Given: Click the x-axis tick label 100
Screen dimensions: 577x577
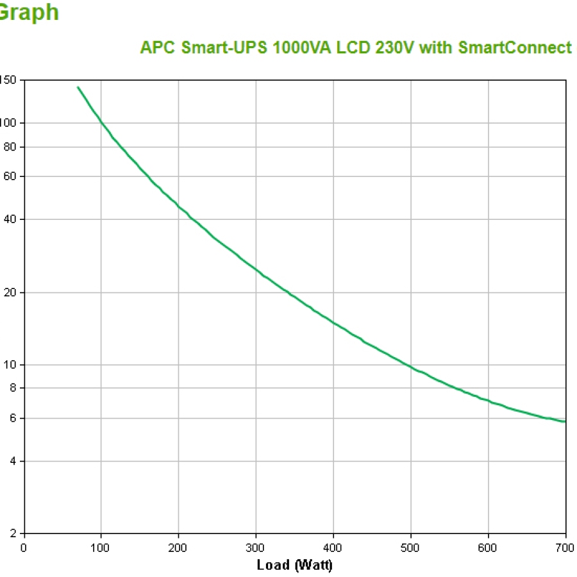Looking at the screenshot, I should pyautogui.click(x=101, y=548).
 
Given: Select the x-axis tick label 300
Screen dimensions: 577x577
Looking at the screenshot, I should pyautogui.click(x=256, y=548).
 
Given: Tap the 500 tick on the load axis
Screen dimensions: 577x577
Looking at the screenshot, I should pyautogui.click(x=410, y=548).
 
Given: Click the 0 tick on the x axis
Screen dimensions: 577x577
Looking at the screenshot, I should pyautogui.click(x=24, y=548).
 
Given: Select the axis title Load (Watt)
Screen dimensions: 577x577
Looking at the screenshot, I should pyautogui.click(x=294, y=565).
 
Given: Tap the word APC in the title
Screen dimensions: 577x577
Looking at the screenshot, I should pyautogui.click(x=155, y=47).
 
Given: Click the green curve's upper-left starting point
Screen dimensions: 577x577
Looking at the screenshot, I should pyautogui.click(x=78, y=87).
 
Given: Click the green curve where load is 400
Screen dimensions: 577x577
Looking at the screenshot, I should pyautogui.click(x=333, y=321).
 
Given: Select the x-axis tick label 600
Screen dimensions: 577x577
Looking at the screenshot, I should pyautogui.click(x=488, y=548).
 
